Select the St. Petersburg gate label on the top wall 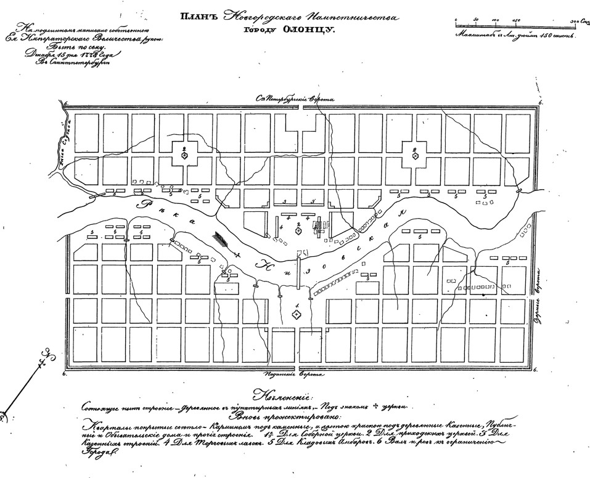click(297, 99)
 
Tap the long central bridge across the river click(297, 270)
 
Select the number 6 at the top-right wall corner click(541, 102)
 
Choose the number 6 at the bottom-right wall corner click(535, 370)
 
